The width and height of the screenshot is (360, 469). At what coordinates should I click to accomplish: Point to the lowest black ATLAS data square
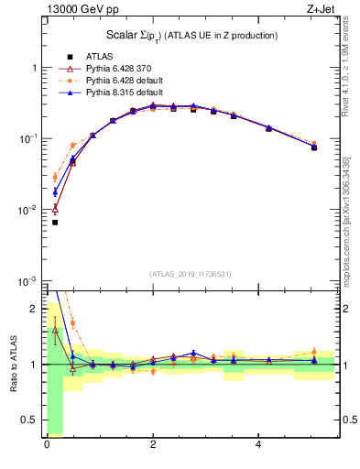pos(55,222)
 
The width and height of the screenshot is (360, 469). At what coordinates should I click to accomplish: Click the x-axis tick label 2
pos(153,445)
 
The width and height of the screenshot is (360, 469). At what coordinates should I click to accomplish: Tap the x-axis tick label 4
pos(259,445)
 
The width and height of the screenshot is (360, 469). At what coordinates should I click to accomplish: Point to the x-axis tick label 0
pos(47,445)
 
